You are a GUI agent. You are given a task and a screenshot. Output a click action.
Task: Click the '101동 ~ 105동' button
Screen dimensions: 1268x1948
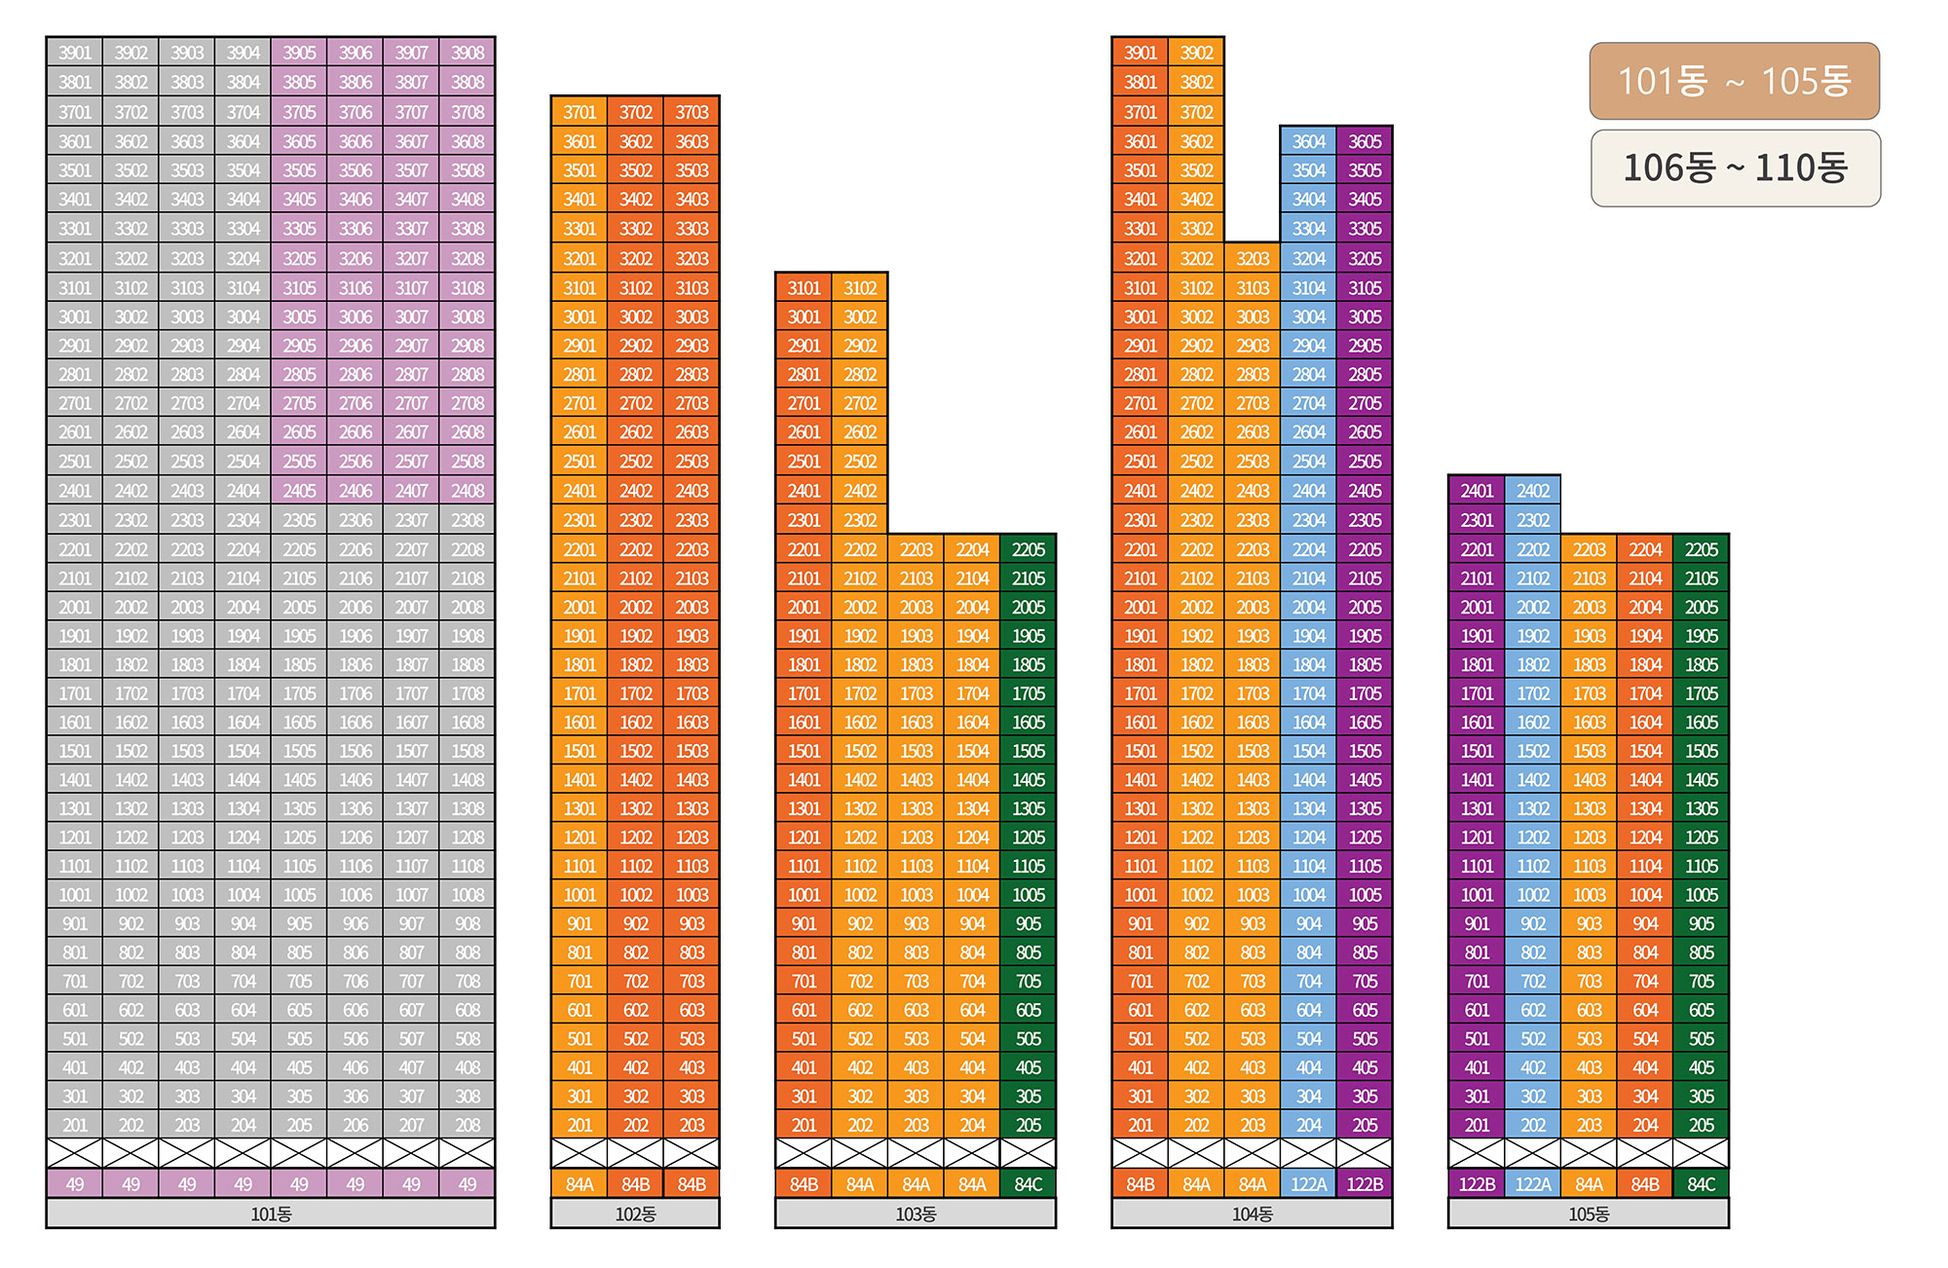[x=1734, y=81]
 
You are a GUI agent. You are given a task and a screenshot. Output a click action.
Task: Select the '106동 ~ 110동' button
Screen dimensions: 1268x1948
[x=1735, y=168]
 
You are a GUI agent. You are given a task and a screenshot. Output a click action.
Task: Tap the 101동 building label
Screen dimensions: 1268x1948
[x=271, y=1213]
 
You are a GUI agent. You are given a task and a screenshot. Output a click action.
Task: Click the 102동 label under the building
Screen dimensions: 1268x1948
[x=635, y=1213]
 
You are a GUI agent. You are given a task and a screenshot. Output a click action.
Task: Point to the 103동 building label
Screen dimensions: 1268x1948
[x=916, y=1213]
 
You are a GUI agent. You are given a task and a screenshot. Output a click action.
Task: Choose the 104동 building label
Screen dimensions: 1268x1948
[x=1252, y=1213]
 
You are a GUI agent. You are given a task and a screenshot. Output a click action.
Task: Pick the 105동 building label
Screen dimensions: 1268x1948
[x=1589, y=1213]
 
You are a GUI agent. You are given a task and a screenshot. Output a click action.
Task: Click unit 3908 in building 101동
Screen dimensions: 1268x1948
[x=468, y=53]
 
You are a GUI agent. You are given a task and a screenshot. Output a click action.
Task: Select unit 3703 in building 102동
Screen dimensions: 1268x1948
[x=692, y=112]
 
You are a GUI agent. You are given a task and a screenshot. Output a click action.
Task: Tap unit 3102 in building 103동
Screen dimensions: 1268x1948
[x=860, y=288]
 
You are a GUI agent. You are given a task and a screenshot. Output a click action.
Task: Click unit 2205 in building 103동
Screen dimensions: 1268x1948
[x=1029, y=549]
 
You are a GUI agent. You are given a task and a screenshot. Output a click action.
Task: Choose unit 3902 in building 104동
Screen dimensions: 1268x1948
[x=1196, y=53]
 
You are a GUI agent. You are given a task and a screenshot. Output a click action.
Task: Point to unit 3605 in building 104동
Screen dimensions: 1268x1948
[x=1365, y=141]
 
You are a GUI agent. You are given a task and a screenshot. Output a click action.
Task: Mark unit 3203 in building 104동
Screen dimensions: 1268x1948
[x=1253, y=259]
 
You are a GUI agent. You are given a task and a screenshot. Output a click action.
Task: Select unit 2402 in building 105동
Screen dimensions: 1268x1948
[x=1533, y=491]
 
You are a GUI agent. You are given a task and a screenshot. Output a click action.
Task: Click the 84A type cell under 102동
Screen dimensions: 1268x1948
[x=580, y=1184]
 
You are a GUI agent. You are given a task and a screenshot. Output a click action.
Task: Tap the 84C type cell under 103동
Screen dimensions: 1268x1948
[x=1029, y=1184]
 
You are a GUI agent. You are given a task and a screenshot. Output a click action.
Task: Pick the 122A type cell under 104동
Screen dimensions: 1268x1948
[x=1309, y=1184]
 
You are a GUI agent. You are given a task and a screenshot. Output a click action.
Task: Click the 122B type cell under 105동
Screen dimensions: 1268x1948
[x=1477, y=1184]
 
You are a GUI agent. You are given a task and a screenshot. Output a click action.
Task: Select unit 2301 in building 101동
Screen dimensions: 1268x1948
[x=75, y=520]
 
